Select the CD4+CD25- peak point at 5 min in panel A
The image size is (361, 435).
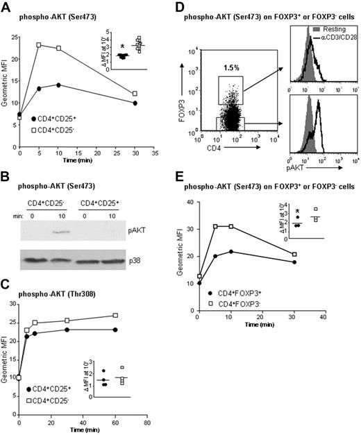coord(40,45)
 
